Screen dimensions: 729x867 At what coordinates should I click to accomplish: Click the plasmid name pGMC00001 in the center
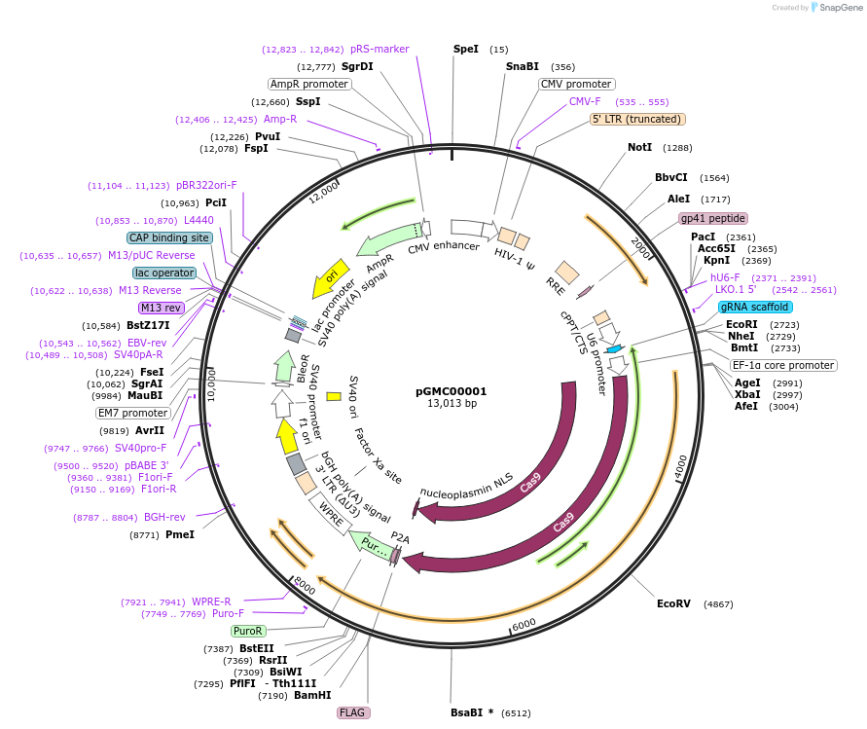(x=451, y=391)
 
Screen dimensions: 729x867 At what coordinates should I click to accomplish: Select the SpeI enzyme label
(x=466, y=49)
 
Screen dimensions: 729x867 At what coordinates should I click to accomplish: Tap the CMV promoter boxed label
(x=576, y=84)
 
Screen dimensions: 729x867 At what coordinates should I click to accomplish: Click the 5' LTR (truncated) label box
(x=638, y=119)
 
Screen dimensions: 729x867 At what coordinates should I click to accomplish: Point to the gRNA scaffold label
(x=755, y=307)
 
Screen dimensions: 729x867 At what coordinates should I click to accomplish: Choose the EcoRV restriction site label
(x=673, y=603)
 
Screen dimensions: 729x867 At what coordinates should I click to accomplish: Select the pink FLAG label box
(x=353, y=712)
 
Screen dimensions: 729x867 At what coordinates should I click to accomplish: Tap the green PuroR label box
(x=248, y=631)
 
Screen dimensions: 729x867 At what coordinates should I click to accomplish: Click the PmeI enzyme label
(x=180, y=534)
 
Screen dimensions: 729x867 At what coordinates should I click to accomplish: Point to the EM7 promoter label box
(x=133, y=413)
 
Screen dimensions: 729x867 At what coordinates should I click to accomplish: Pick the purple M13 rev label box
(x=162, y=308)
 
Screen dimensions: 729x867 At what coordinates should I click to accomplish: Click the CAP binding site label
(x=168, y=237)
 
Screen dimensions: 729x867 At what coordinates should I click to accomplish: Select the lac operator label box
(x=164, y=273)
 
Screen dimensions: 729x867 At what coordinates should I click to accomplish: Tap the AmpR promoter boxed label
(x=309, y=84)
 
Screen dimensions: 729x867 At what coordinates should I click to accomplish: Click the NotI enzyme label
(x=639, y=147)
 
